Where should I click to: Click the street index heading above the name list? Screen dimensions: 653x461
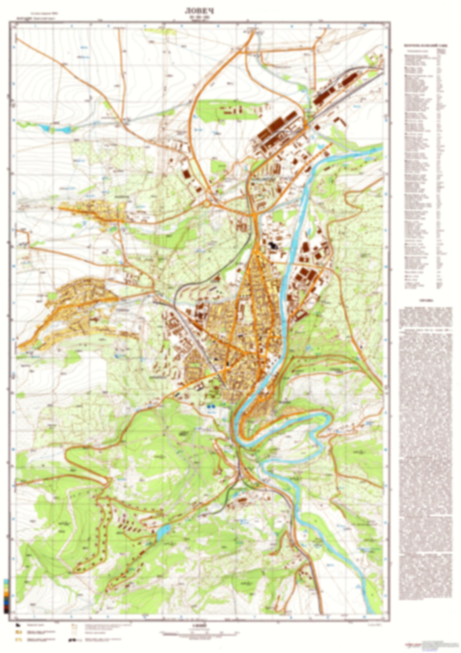(425, 45)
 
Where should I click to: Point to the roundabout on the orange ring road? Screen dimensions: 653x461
(207, 203)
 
